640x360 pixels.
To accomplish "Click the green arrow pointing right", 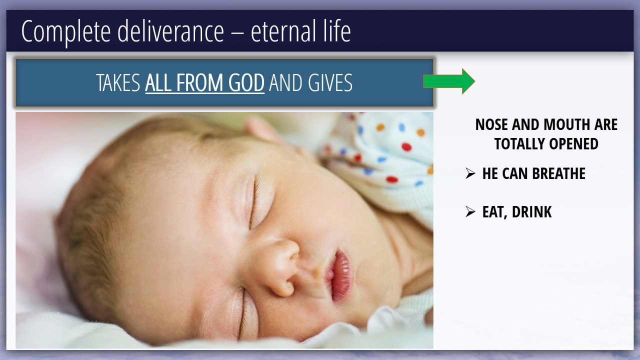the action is click(449, 81).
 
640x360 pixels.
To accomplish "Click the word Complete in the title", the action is click(66, 31).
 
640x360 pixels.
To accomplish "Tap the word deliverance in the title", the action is click(170, 31).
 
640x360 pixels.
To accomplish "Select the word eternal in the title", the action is click(283, 31).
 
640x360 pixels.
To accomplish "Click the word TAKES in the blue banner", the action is click(118, 82).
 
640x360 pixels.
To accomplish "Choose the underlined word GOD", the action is click(246, 82).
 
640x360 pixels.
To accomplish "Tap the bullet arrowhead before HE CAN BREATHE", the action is click(470, 173).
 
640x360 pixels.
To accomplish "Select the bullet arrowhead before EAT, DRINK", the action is click(470, 211).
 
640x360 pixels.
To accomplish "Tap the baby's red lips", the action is click(340, 275).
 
